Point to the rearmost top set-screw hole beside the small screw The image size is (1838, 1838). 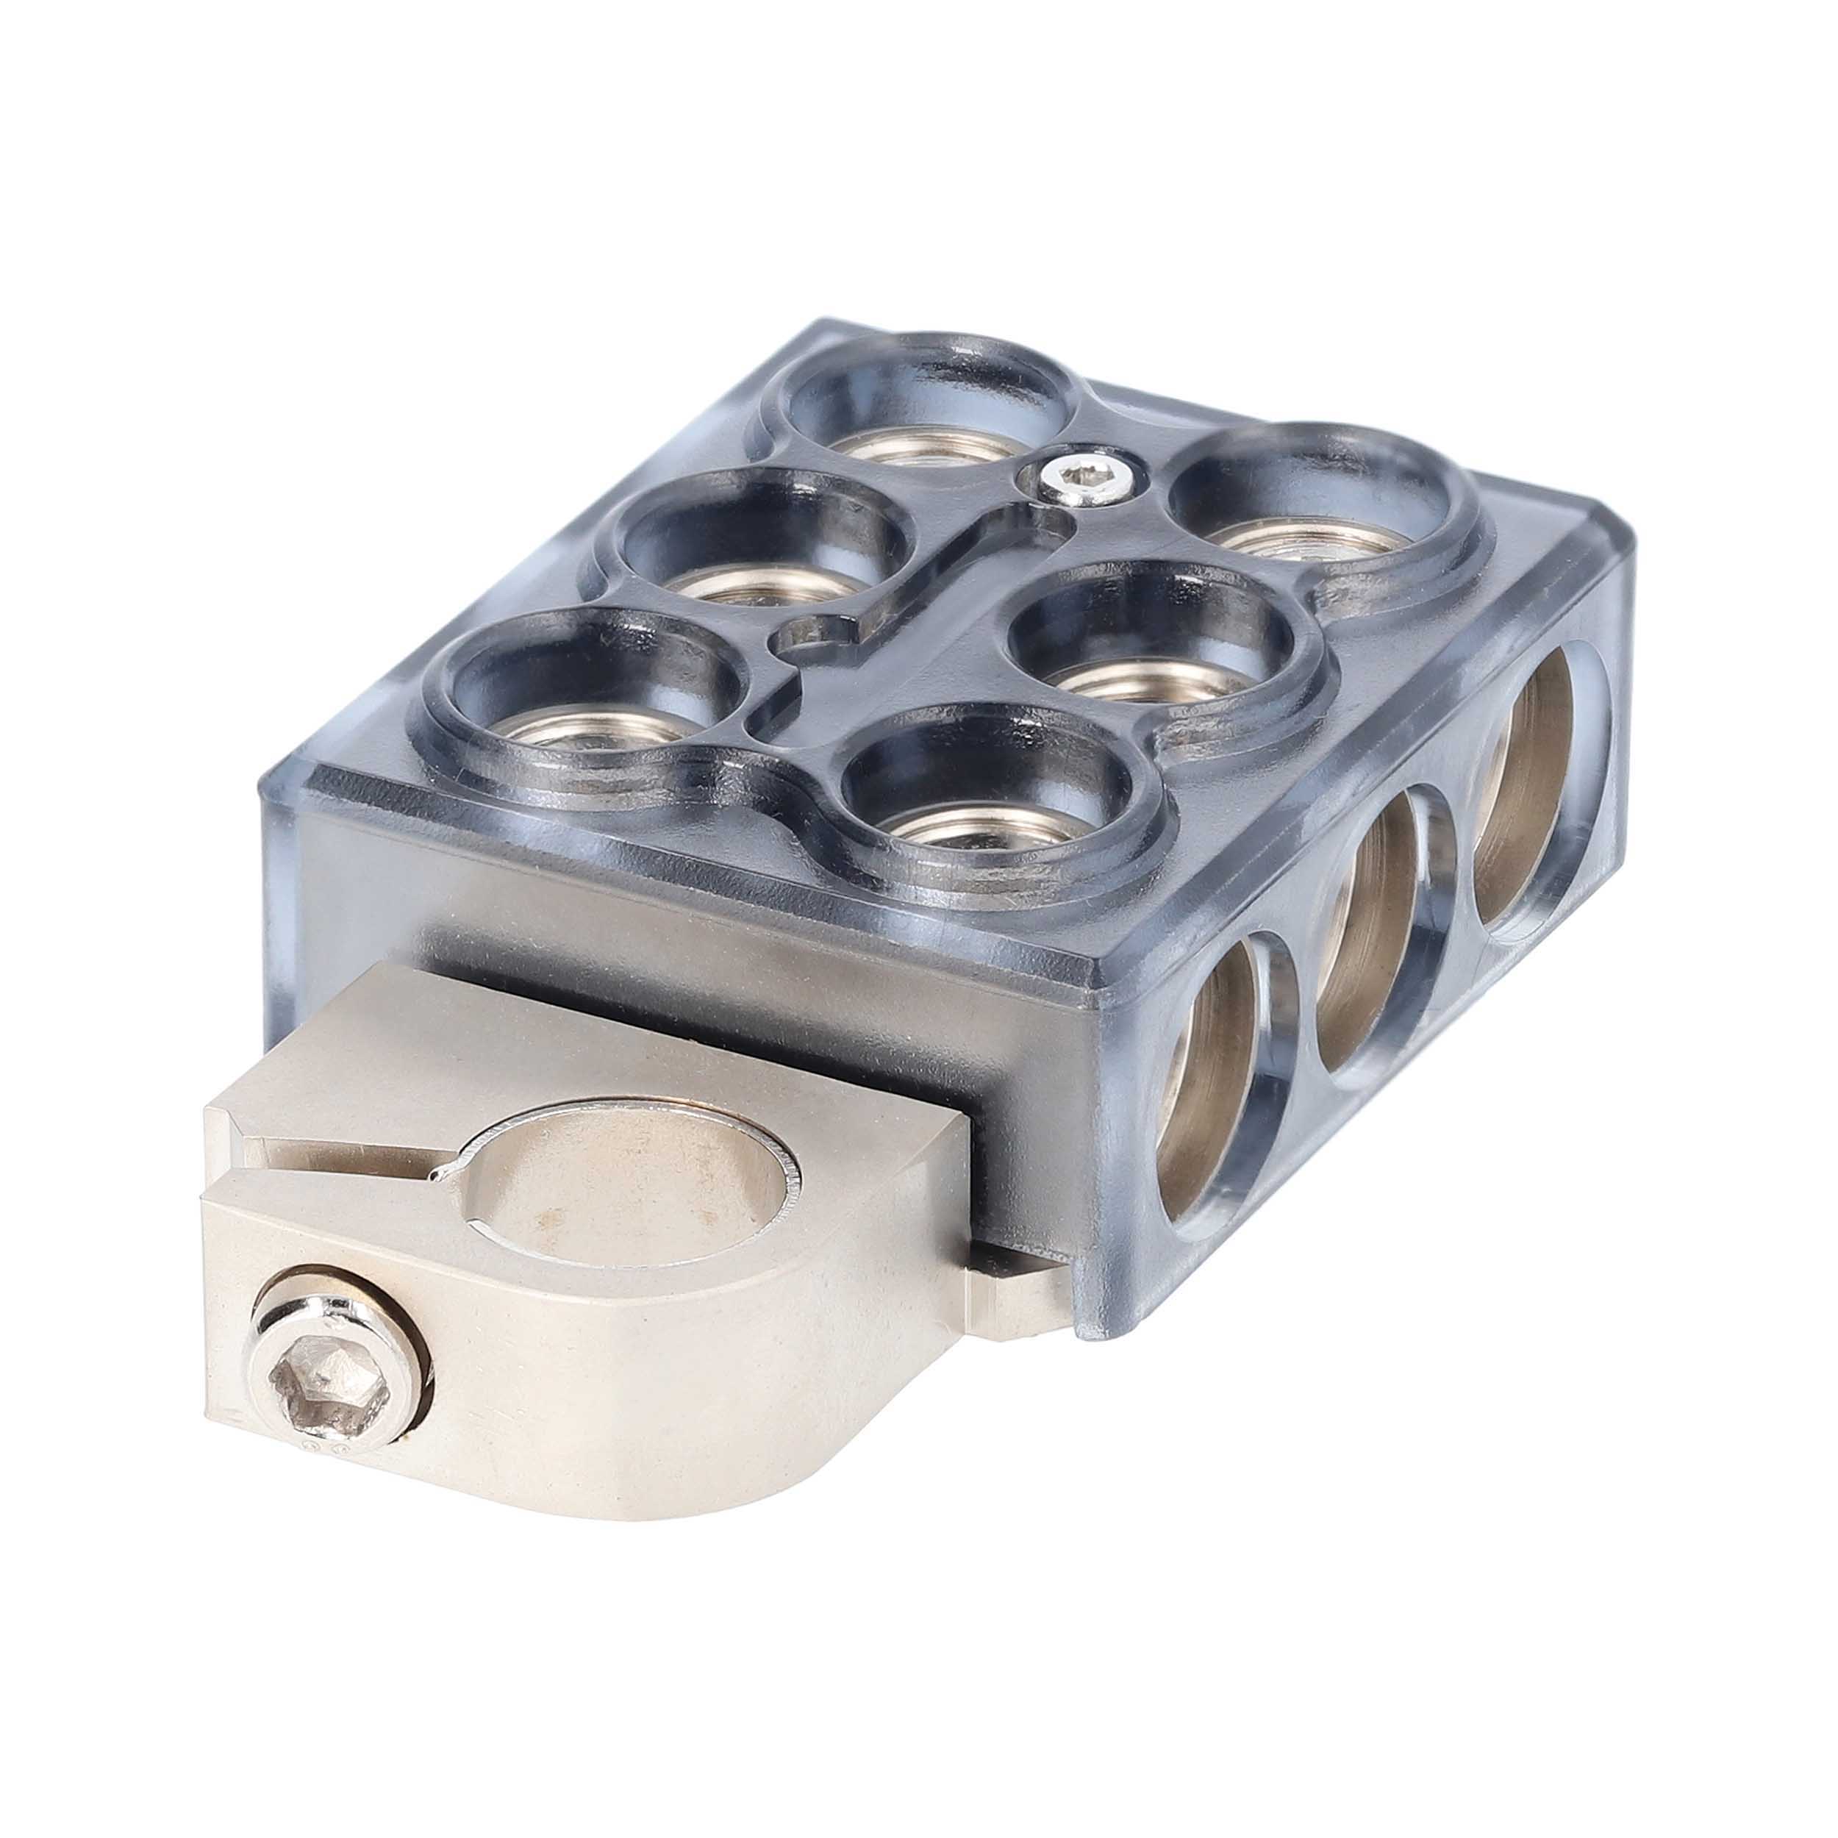point(928,418)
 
